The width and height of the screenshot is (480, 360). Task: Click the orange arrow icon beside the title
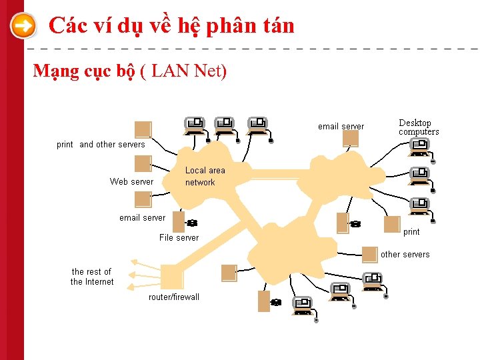23,27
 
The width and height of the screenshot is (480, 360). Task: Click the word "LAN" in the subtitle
170,71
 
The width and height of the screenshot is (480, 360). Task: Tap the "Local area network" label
205,177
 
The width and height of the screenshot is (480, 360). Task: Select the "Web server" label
131,181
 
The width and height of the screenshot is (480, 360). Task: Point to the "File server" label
179,237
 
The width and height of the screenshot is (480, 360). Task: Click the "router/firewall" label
173,297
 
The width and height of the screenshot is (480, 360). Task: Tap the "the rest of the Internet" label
92,277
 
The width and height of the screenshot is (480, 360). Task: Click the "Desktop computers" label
419,127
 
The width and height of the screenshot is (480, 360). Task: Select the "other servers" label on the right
405,254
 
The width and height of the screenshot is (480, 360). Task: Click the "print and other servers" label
101,144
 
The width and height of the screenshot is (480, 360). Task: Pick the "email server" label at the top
341,126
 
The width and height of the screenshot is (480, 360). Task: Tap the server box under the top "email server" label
351,138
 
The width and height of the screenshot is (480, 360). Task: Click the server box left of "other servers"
369,254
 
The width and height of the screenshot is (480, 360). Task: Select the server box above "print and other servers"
143,129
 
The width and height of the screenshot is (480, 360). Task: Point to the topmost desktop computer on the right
419,145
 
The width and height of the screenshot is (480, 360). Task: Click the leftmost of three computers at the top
195,124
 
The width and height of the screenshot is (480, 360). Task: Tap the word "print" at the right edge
411,232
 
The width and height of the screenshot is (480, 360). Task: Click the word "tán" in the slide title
277,25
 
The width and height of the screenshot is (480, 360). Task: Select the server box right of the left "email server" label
178,220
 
